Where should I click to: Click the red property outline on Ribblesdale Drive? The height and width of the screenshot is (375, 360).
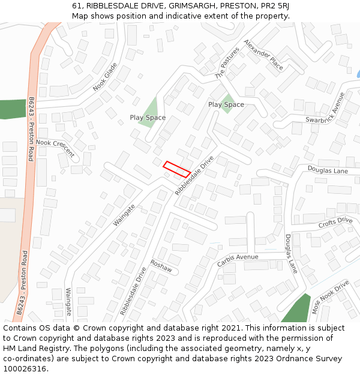point(176,169)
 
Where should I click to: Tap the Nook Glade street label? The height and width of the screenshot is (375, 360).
point(104,77)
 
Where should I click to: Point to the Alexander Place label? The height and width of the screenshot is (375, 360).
point(263,56)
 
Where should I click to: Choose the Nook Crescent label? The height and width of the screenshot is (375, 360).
point(55,148)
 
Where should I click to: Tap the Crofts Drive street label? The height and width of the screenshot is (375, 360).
point(335,223)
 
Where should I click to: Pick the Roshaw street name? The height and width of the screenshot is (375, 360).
point(161,266)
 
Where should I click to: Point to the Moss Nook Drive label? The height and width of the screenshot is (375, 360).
point(329,298)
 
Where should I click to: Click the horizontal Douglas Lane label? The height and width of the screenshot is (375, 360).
point(328,171)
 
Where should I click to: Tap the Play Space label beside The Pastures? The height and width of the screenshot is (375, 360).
point(226,104)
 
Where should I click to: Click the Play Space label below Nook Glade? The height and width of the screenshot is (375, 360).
point(148,118)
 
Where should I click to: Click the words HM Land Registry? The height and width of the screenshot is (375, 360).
point(38,348)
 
